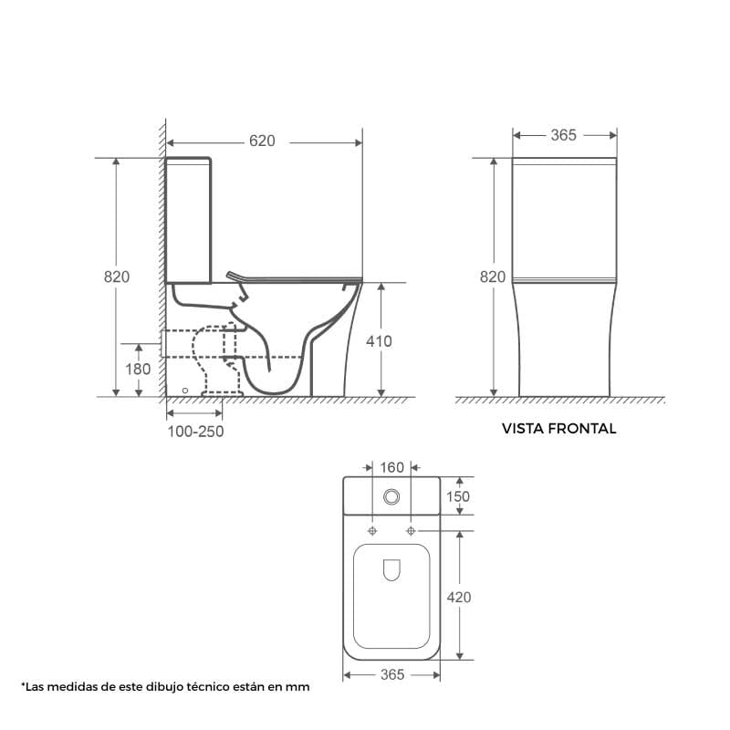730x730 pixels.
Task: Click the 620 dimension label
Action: click(x=262, y=141)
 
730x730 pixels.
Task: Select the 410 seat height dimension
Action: click(x=379, y=341)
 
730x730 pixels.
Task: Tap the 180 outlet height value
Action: click(x=138, y=370)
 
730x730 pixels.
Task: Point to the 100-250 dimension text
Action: click(x=195, y=432)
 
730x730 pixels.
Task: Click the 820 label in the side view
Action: click(x=117, y=277)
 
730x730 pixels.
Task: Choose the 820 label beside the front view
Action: click(x=493, y=277)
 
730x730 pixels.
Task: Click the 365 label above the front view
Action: click(x=564, y=135)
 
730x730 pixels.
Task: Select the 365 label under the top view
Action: click(x=392, y=674)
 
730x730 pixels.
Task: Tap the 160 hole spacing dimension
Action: click(x=392, y=467)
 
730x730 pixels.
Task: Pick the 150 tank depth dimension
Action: click(x=458, y=496)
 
